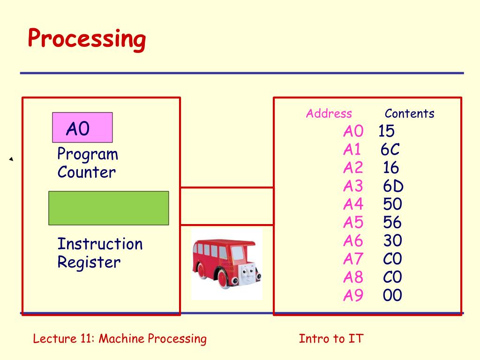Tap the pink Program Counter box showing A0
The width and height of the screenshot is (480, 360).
[x=82, y=127]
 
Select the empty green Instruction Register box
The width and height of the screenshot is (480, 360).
[x=108, y=208]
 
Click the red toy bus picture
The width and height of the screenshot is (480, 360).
[x=226, y=263]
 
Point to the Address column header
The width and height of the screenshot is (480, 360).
[x=329, y=113]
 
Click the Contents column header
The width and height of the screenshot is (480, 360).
[x=409, y=113]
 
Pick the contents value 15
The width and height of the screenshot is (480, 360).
[x=387, y=131]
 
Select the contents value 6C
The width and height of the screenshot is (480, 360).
[x=390, y=150]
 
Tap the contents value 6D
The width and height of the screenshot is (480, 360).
[x=393, y=186]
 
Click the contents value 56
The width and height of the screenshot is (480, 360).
[x=392, y=223]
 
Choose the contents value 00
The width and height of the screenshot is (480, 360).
[x=392, y=296]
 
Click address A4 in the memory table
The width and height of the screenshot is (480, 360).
[x=353, y=204]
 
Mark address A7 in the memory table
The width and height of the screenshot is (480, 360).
[x=353, y=259]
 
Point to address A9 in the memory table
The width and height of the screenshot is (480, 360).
[x=353, y=296]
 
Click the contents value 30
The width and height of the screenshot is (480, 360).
[x=392, y=241]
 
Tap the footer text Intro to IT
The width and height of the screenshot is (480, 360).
[x=331, y=338]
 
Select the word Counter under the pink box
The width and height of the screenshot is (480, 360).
[x=86, y=172]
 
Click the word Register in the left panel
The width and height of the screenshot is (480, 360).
[x=89, y=262]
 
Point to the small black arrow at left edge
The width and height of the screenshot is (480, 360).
[x=10, y=160]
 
